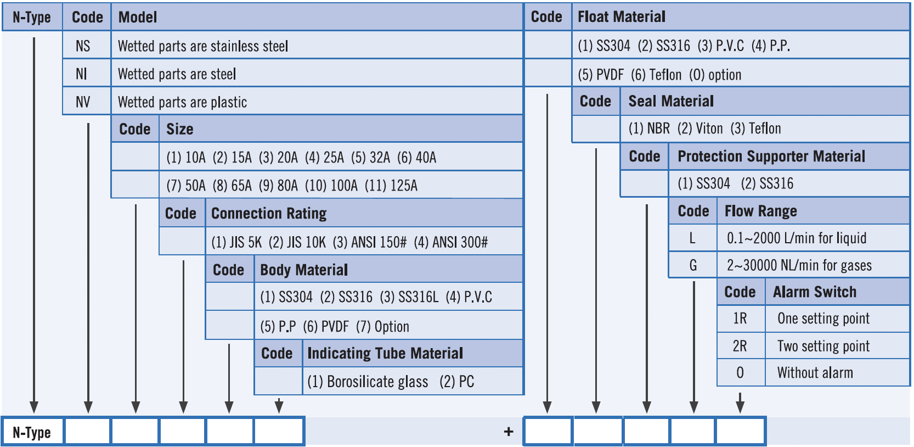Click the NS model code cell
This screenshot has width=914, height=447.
click(83, 46)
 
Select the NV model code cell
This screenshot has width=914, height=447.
click(83, 102)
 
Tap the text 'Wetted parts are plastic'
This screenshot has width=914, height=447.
click(182, 102)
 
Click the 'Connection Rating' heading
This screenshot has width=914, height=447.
click(269, 213)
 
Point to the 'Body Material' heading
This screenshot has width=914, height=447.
click(304, 270)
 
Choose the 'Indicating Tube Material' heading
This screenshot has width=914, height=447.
click(385, 353)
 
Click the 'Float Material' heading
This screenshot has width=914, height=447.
click(622, 17)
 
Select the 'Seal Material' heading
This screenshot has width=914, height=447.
click(671, 101)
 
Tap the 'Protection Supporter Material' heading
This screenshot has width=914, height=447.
click(771, 157)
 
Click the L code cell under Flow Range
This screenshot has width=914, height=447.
click(692, 238)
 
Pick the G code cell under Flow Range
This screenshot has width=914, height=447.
click(693, 265)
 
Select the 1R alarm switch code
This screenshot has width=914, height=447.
click(740, 319)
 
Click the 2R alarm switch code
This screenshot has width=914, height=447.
click(740, 346)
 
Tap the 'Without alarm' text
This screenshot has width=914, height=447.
click(815, 373)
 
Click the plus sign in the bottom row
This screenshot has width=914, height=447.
click(509, 432)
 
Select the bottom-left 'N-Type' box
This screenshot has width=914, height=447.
click(32, 432)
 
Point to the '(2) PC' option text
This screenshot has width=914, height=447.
click(456, 382)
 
